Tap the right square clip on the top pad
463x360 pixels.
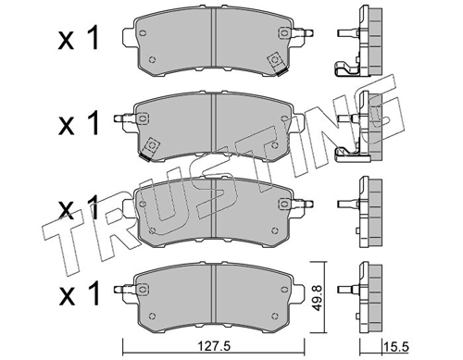coord(275,62)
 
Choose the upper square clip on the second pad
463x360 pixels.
coord(145,118)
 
